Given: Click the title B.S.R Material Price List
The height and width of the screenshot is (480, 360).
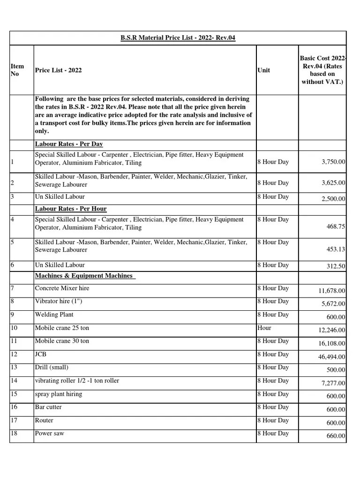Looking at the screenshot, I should click(x=178, y=37).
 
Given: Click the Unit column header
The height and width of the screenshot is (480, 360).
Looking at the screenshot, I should click(x=263, y=70).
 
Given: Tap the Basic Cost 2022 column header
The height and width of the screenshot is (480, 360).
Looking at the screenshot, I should click(x=322, y=69).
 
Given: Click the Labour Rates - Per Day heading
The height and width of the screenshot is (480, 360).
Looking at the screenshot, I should click(x=69, y=144).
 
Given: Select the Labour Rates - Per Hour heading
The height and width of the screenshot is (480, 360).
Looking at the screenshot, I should click(x=71, y=209).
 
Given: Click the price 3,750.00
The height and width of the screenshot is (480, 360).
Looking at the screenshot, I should click(x=333, y=162).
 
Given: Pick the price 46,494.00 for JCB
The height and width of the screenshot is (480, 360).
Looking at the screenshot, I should click(x=332, y=357).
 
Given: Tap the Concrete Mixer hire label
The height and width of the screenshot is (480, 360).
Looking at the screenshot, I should click(x=62, y=288).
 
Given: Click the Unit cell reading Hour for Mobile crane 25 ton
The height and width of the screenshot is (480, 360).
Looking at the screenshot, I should click(x=264, y=328).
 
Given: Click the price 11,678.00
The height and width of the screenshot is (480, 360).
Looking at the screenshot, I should click(x=332, y=291).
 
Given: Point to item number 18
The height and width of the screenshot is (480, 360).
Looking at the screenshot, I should click(x=14, y=434).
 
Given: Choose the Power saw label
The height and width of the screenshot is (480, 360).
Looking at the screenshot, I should click(x=50, y=434).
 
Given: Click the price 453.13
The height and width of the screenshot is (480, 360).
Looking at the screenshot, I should click(x=336, y=249).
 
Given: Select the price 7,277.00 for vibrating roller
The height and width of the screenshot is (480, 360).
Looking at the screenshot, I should click(x=333, y=383).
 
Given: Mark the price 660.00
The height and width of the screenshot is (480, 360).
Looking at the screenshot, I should click(x=336, y=436).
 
